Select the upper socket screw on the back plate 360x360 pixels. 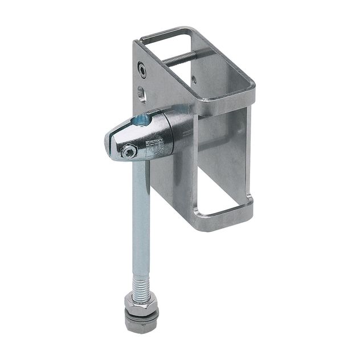click(x=141, y=69)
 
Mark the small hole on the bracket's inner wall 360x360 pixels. click(x=195, y=80)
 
